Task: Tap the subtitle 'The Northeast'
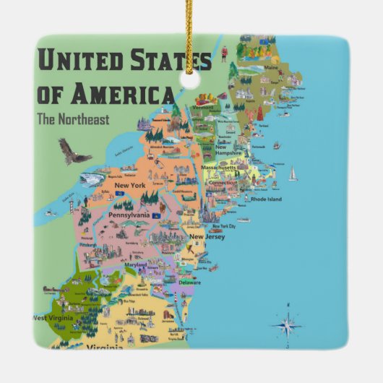74,119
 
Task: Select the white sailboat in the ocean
293,173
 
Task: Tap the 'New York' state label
128,186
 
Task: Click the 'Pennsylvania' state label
129,215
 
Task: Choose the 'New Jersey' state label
207,236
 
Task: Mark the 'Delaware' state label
190,283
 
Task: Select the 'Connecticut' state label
222,183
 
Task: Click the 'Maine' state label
270,69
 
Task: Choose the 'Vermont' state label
205,107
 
